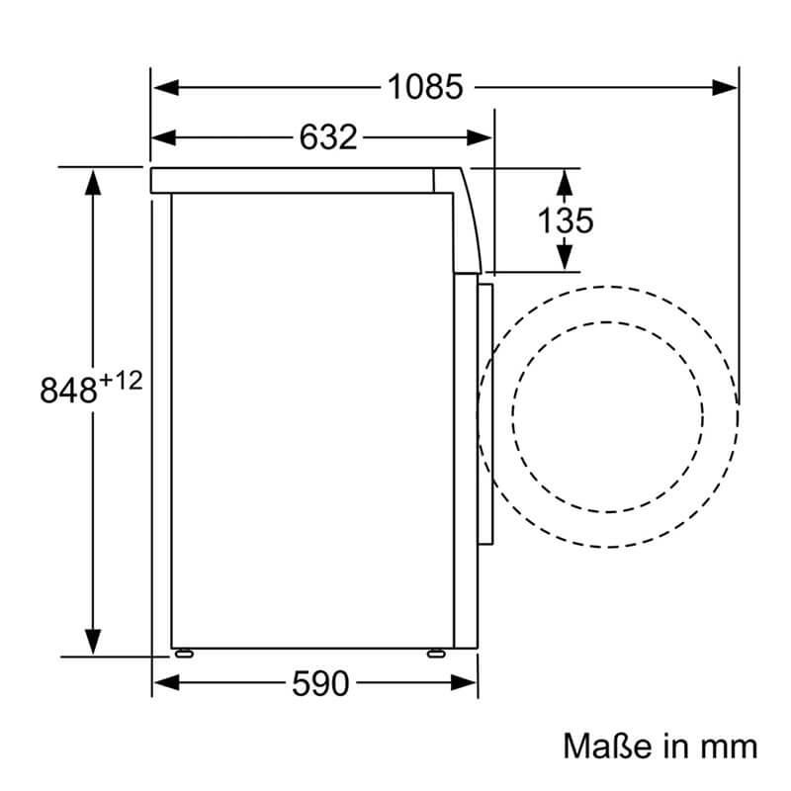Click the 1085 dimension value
(425, 87)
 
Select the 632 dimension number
(328, 137)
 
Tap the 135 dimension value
(565, 220)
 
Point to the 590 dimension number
(320, 683)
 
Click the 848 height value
(68, 390)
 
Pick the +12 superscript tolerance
(121, 381)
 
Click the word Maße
(607, 747)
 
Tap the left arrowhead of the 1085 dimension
(166, 87)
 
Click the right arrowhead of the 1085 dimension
(725, 87)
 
